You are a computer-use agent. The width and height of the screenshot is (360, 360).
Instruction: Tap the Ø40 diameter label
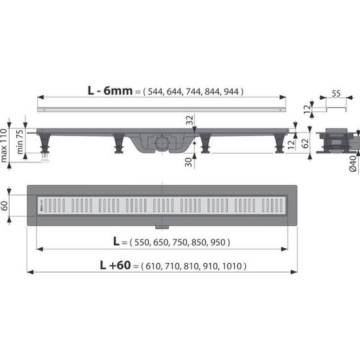point(352,164)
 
